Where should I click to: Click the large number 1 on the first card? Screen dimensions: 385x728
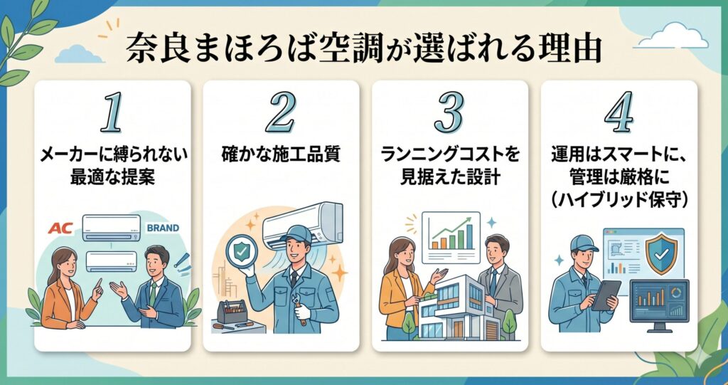111,112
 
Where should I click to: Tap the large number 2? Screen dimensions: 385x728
280,112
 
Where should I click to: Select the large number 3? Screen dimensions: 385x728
449,112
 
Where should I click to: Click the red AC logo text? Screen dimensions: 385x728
60,228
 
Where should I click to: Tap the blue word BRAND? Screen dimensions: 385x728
162,228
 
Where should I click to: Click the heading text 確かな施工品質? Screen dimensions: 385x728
280,152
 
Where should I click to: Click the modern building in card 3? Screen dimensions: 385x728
455,306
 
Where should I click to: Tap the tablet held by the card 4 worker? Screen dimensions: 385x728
606,293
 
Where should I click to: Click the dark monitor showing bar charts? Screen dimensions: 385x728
659,300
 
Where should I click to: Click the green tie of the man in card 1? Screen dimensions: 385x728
152,291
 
